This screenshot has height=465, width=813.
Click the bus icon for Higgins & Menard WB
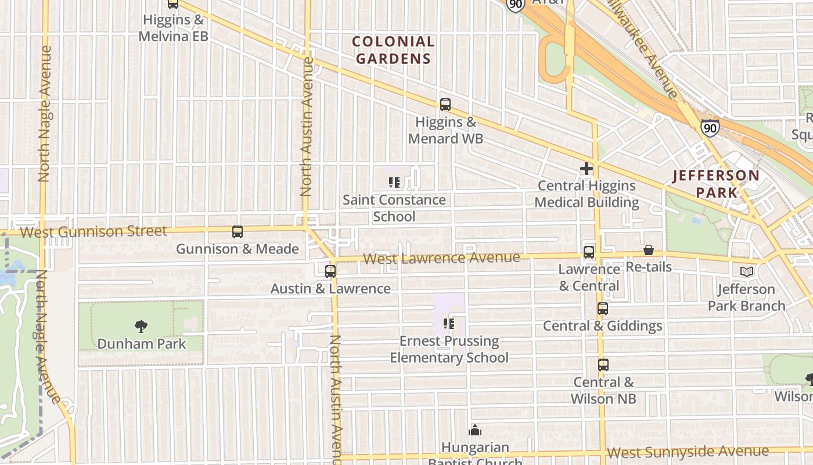coord(445,105)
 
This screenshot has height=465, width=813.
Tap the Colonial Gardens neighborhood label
coord(393,50)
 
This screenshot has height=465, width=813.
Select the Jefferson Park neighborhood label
coord(716,184)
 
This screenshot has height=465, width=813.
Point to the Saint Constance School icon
coord(394,183)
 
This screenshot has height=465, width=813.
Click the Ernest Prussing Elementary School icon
coord(448,323)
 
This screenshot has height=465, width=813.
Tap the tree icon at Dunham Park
coord(141,326)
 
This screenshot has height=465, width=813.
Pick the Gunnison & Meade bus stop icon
coord(238,232)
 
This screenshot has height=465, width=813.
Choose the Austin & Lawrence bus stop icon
coord(330,271)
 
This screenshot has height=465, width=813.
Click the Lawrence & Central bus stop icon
coord(589,252)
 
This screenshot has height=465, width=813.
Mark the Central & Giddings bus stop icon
coord(603,309)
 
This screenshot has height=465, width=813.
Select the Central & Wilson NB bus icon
coord(603,365)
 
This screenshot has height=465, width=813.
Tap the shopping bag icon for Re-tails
coord(649,250)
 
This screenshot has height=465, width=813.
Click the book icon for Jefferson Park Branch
coord(747,271)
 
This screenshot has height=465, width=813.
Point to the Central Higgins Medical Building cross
coord(587,169)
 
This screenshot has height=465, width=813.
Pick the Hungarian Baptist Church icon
coord(475,431)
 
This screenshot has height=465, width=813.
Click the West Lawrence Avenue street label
coord(441,257)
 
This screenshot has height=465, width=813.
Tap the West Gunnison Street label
coord(93,231)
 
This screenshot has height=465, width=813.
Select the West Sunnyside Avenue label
coord(688,452)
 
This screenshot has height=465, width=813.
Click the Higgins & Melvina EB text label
coord(174,28)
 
